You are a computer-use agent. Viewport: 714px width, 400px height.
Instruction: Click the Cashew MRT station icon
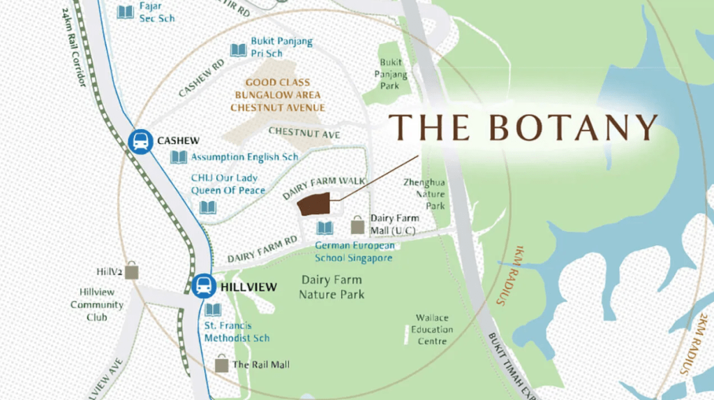coord(141,142)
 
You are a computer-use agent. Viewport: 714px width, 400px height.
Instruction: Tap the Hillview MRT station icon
coord(204,286)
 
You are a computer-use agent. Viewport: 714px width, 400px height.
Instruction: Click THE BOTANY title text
coord(523,128)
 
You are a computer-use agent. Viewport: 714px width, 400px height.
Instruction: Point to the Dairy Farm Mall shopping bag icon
coord(357,225)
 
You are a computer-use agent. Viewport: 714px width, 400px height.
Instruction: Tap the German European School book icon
coord(325,228)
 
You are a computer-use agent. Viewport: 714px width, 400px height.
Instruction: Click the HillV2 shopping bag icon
coord(131,271)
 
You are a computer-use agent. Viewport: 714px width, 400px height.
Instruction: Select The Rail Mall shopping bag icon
coord(222,364)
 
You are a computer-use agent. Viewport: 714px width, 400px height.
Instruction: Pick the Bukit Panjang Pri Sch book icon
coord(239,50)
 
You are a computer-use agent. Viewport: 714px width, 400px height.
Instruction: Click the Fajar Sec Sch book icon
coord(126,11)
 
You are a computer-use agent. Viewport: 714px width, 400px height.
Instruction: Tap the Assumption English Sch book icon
coord(179,157)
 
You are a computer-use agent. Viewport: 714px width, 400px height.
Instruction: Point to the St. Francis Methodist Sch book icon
coord(213,309)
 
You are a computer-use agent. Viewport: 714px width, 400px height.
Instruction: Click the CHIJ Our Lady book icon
coord(208,207)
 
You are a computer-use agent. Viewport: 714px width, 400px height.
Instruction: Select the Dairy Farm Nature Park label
coord(332,287)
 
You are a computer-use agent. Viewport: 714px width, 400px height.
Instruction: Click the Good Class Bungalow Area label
coord(278,95)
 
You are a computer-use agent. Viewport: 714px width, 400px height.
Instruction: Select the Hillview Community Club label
coord(97,304)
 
